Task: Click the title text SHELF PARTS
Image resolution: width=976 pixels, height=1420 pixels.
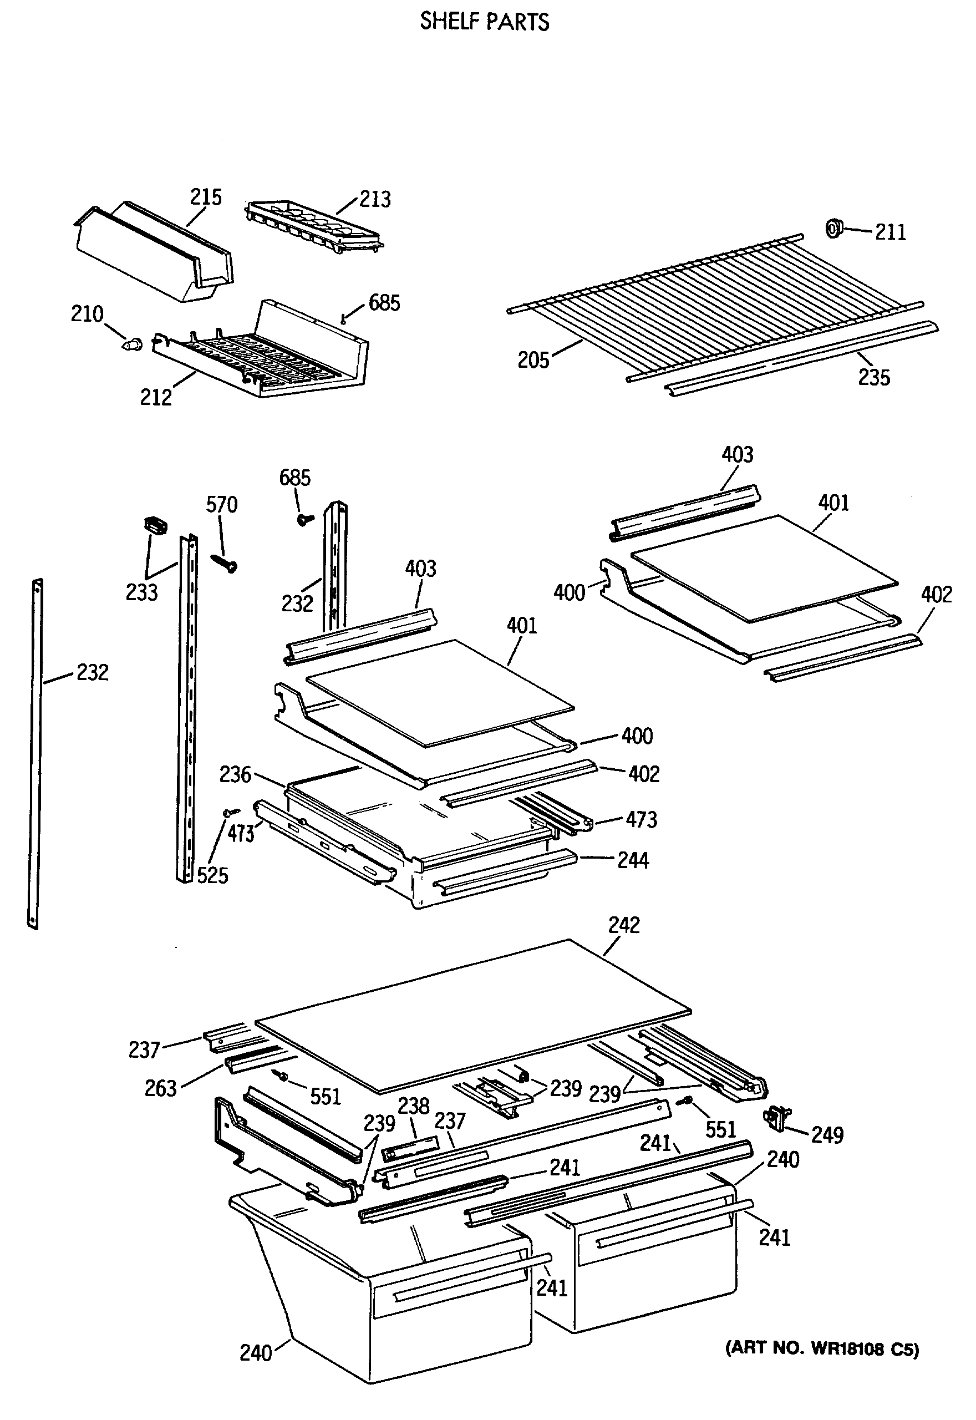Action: point(484,22)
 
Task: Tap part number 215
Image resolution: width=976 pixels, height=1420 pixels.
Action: point(206,197)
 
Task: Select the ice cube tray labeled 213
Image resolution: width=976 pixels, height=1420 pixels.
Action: point(315,227)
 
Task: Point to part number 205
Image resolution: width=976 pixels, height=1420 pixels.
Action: point(533,359)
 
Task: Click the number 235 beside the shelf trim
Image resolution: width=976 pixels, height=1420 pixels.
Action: point(874,377)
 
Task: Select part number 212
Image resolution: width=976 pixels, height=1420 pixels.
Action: point(156,398)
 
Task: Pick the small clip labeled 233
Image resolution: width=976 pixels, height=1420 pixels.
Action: point(155,525)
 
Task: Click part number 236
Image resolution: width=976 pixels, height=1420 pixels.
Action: point(236,774)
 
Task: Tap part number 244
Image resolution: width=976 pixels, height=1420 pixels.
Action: point(633,860)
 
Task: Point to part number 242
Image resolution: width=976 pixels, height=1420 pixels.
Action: point(624,925)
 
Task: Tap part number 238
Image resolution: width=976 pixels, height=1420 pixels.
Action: point(413,1105)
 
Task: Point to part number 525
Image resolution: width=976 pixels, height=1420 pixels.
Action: point(212,875)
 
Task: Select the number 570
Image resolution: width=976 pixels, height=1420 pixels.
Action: point(221,505)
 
